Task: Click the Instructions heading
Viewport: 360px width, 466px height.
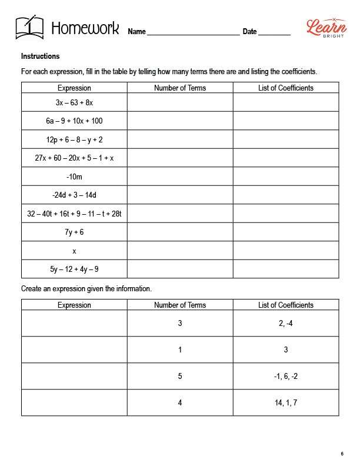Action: [x=40, y=56]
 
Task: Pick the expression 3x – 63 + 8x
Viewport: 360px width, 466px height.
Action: [x=74, y=102]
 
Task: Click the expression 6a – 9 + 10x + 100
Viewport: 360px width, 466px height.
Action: [x=74, y=121]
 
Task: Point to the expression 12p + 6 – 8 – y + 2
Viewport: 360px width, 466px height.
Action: [x=74, y=139]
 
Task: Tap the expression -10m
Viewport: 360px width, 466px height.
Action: [x=74, y=177]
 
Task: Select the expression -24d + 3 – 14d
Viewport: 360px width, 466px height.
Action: [x=74, y=195]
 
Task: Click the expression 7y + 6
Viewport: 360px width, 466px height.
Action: [x=74, y=232]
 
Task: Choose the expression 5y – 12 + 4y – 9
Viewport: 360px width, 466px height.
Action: [x=74, y=269]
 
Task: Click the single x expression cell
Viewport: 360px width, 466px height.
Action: [x=74, y=251]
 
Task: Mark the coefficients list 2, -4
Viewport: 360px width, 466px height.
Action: [x=286, y=323]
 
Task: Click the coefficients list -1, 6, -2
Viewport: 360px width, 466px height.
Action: [x=286, y=376]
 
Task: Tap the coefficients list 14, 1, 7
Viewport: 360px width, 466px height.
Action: [x=286, y=403]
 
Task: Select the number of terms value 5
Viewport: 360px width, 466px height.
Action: [x=180, y=376]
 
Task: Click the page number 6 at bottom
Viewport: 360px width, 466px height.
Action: [x=342, y=453]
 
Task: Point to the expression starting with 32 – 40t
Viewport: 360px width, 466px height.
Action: [x=74, y=214]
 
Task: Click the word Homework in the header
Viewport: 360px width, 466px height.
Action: [x=85, y=28]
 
